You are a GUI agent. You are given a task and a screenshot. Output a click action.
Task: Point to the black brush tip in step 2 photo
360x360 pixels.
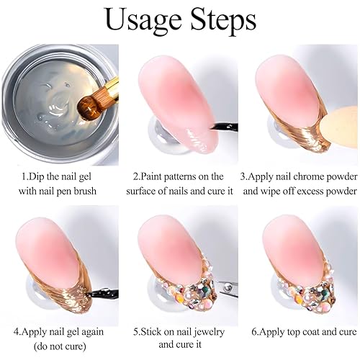point(213,127)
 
